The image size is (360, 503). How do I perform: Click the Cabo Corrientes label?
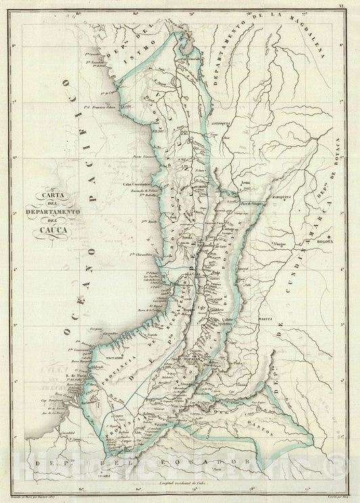click(136, 184)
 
